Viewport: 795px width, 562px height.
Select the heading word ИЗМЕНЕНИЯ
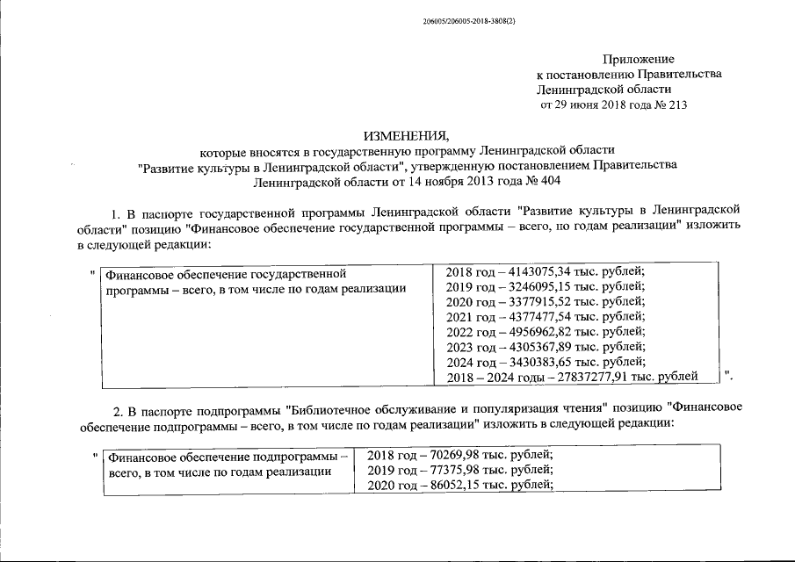point(406,135)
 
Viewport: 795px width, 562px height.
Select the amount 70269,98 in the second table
point(448,455)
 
